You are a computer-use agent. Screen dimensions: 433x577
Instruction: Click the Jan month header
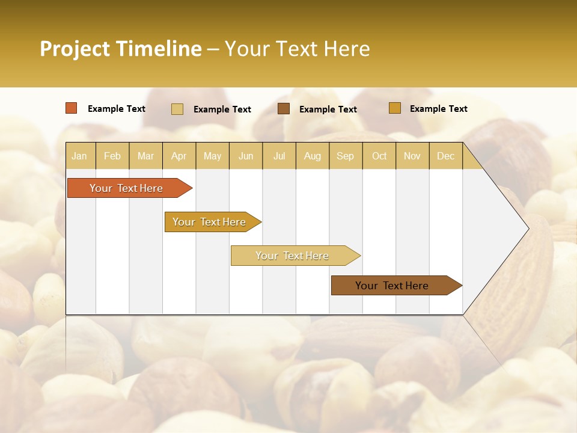(x=79, y=156)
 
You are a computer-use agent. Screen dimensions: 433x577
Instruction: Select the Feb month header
(x=112, y=156)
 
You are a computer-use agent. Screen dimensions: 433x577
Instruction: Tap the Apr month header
(x=179, y=156)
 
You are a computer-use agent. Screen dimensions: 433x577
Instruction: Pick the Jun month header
(x=246, y=156)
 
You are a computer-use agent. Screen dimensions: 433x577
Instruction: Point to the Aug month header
(x=312, y=156)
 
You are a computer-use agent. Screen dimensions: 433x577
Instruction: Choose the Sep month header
(x=345, y=156)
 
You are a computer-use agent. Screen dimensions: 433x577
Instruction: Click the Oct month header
(x=379, y=156)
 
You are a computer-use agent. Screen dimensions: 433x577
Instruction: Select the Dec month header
(x=445, y=156)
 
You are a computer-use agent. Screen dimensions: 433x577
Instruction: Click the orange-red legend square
(x=72, y=108)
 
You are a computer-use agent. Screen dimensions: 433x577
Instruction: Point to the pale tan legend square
(x=177, y=109)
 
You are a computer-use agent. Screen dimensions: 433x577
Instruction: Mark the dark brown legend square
(x=284, y=109)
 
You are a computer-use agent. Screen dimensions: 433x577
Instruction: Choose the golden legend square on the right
(x=394, y=108)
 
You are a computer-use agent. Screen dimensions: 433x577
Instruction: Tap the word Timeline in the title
(x=159, y=49)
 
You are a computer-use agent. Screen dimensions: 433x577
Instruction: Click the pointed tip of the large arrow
(x=527, y=229)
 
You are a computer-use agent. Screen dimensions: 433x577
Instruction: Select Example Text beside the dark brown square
(x=328, y=109)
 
